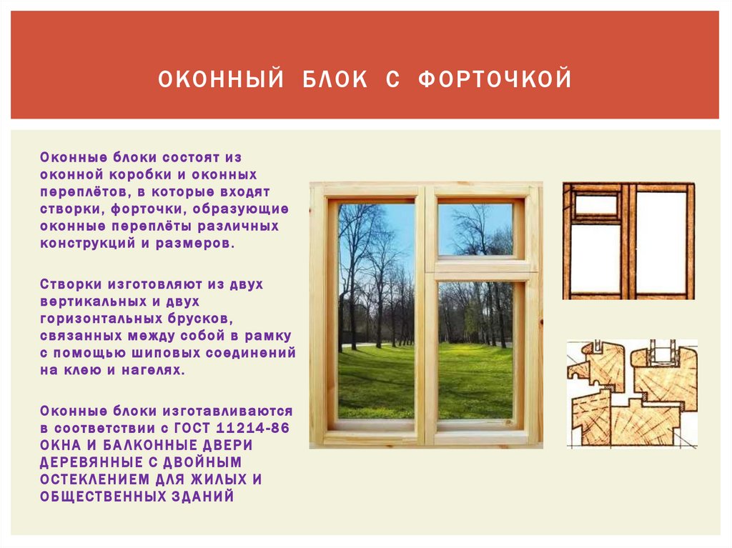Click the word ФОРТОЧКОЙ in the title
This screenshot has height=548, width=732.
click(x=495, y=79)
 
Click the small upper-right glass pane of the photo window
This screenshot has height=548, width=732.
click(x=475, y=229)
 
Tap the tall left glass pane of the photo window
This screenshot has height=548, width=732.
click(x=376, y=311)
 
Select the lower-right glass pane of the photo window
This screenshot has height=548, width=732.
click(x=475, y=349)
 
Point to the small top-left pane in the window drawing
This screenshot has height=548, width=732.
click(x=596, y=204)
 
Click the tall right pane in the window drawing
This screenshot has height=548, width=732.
click(x=661, y=241)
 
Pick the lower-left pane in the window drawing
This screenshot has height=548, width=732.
click(x=595, y=258)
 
